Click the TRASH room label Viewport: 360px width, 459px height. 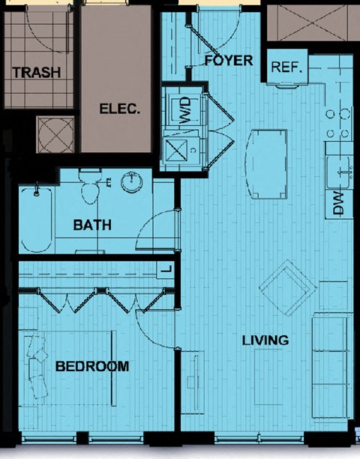(x=37, y=72)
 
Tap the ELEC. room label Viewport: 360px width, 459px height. (x=120, y=109)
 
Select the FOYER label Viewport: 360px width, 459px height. (x=229, y=60)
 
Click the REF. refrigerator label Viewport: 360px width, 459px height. (x=286, y=67)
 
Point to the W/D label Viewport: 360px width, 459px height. (x=185, y=111)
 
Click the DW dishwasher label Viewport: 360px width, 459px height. (x=338, y=203)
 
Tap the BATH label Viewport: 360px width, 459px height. (x=92, y=225)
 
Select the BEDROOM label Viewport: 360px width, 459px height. (x=92, y=366)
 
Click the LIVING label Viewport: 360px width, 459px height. (x=265, y=340)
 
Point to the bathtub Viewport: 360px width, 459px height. (x=37, y=220)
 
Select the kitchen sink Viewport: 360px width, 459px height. (x=340, y=172)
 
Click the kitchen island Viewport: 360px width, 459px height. (x=266, y=164)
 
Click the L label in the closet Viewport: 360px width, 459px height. (x=166, y=269)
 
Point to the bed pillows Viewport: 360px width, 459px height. (x=37, y=367)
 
